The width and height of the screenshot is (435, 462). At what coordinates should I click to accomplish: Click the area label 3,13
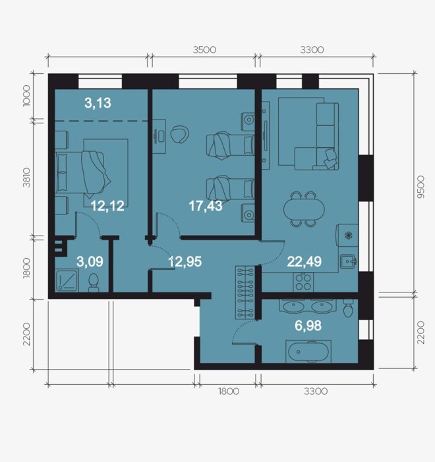98,103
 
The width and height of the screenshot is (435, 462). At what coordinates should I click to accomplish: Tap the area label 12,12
107,206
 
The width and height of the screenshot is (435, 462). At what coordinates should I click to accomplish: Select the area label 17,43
206,206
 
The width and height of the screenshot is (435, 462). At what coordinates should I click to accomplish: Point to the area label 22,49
304,261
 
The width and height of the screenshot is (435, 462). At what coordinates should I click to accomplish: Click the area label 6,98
308,326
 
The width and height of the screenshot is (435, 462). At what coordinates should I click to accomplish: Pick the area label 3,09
90,261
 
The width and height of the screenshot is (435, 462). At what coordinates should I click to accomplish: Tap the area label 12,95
185,261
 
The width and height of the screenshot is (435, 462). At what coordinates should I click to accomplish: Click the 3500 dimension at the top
204,49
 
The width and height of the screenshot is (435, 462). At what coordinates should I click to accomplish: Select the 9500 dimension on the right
421,187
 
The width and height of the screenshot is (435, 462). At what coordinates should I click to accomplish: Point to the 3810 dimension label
27,178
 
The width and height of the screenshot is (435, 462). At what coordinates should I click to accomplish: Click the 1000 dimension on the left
26,96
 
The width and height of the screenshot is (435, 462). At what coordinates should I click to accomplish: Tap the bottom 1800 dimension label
229,391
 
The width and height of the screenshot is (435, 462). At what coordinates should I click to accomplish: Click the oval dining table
304,209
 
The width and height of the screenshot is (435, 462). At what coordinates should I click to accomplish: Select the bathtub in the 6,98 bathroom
308,352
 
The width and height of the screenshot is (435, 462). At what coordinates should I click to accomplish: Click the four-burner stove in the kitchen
303,282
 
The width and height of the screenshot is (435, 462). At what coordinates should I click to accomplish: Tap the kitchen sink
349,261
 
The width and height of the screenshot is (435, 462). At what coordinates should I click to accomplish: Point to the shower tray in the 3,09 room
67,280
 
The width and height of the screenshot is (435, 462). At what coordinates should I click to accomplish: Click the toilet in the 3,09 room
94,283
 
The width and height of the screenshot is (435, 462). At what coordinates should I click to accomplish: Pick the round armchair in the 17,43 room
179,135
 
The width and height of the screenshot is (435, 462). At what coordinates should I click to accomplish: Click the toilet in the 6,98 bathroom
348,308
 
